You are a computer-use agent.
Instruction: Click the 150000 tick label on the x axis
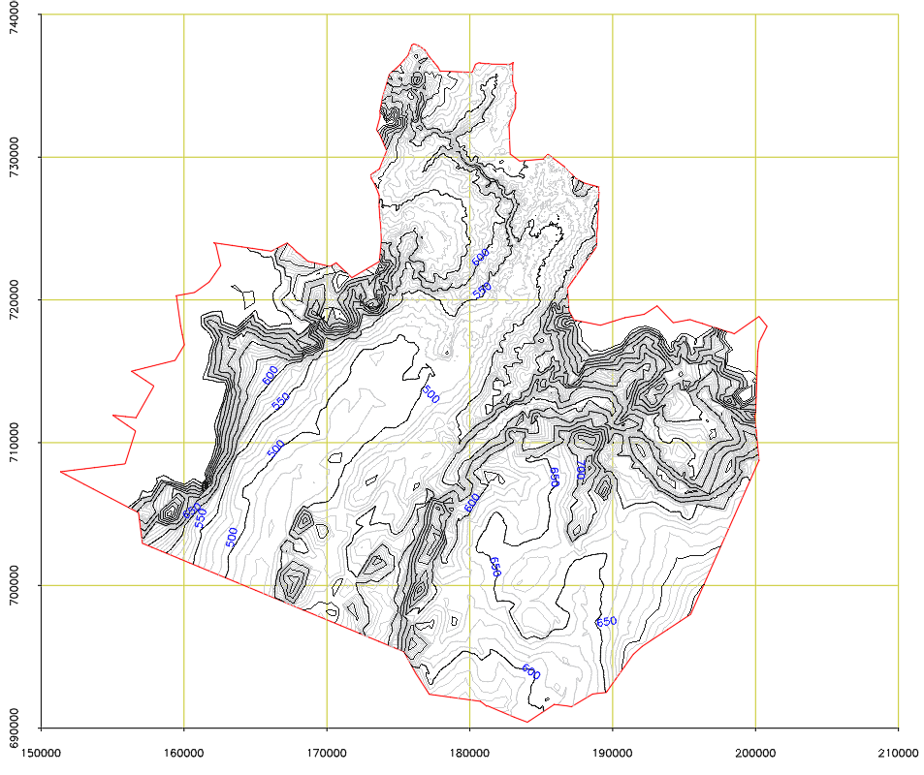click(41, 751)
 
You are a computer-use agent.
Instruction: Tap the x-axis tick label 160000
click(184, 751)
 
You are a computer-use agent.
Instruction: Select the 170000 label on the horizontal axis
click(327, 751)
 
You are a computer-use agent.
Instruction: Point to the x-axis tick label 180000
click(469, 751)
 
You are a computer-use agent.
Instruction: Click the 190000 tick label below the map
click(613, 751)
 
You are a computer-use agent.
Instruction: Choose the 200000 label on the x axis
click(755, 751)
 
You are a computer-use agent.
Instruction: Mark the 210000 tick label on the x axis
click(898, 751)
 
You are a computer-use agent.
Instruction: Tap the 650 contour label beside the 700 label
click(555, 477)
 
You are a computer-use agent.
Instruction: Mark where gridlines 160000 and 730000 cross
click(184, 157)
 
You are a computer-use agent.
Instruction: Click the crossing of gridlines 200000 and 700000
click(755, 585)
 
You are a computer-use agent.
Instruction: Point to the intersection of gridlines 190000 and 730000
click(613, 157)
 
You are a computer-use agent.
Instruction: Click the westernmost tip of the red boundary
click(60, 472)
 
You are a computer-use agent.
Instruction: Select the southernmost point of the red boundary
click(526, 722)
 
